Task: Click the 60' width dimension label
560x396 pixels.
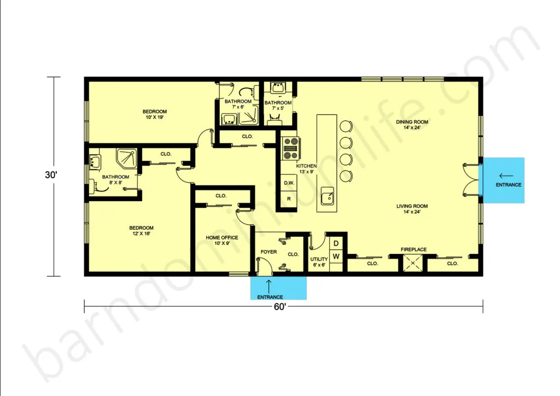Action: (280, 307)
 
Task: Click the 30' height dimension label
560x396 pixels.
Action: (51, 175)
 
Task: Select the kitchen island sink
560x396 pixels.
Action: (328, 196)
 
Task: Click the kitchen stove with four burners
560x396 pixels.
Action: (290, 148)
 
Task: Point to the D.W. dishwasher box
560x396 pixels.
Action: (289, 183)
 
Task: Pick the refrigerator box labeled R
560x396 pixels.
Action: (289, 199)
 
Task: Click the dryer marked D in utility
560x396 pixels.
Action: (336, 243)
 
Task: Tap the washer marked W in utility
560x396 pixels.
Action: (336, 257)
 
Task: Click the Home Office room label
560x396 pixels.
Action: (222, 240)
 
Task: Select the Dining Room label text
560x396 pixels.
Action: (412, 125)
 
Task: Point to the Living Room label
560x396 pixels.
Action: (412, 209)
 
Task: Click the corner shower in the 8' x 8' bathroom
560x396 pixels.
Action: (127, 159)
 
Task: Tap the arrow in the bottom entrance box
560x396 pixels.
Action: (269, 287)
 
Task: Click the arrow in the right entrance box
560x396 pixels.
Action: (506, 176)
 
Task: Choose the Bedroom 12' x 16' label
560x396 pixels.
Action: (142, 231)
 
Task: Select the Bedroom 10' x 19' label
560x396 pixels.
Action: (155, 114)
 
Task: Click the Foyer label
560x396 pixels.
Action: (269, 252)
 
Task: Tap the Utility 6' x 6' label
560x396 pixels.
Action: (319, 262)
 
